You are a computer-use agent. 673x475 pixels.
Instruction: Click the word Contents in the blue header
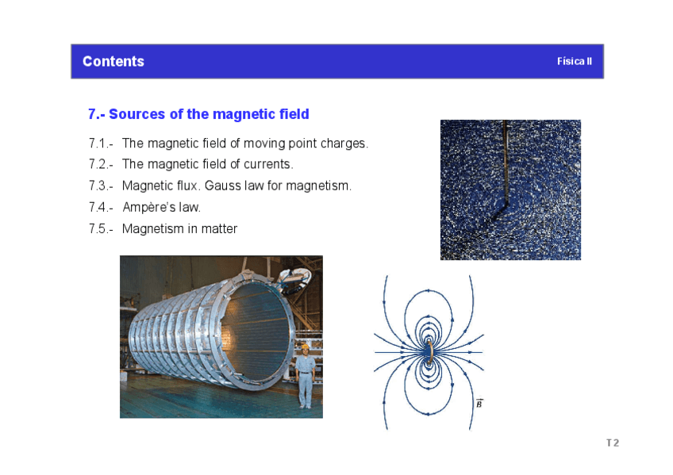click(x=113, y=61)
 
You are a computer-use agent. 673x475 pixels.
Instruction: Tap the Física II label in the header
click(x=575, y=61)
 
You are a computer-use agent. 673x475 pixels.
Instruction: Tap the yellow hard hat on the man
click(x=306, y=347)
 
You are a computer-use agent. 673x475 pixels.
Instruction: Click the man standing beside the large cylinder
click(x=306, y=376)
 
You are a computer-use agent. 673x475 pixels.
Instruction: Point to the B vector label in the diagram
click(x=479, y=404)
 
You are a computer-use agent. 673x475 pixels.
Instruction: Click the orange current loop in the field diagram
click(x=429, y=352)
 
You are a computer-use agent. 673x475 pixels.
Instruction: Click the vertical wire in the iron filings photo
click(x=506, y=163)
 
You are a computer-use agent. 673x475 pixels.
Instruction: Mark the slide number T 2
click(x=613, y=442)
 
